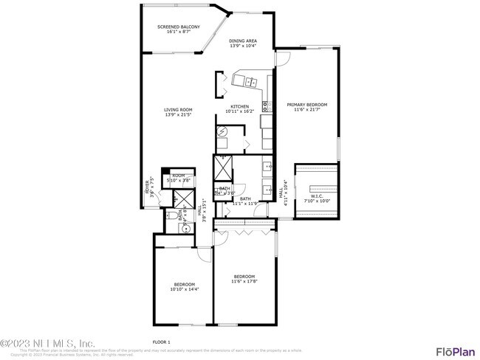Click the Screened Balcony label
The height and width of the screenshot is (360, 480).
point(178,27)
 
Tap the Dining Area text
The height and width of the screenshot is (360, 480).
point(243,41)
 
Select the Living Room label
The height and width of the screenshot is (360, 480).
point(178,110)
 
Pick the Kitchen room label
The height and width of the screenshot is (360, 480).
point(240,107)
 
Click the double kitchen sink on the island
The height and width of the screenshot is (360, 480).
point(250,81)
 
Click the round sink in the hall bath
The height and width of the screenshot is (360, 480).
point(187,228)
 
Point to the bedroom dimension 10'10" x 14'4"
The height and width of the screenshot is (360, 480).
point(184,289)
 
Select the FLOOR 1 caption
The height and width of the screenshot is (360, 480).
point(161,342)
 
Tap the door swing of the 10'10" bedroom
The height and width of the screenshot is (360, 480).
point(204,255)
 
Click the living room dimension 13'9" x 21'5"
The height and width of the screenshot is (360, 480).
point(178,115)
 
